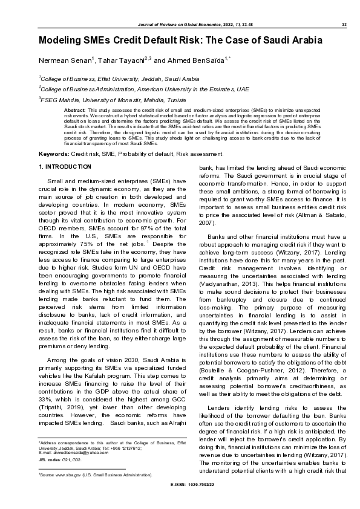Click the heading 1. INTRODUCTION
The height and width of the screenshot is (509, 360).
[65, 166]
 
